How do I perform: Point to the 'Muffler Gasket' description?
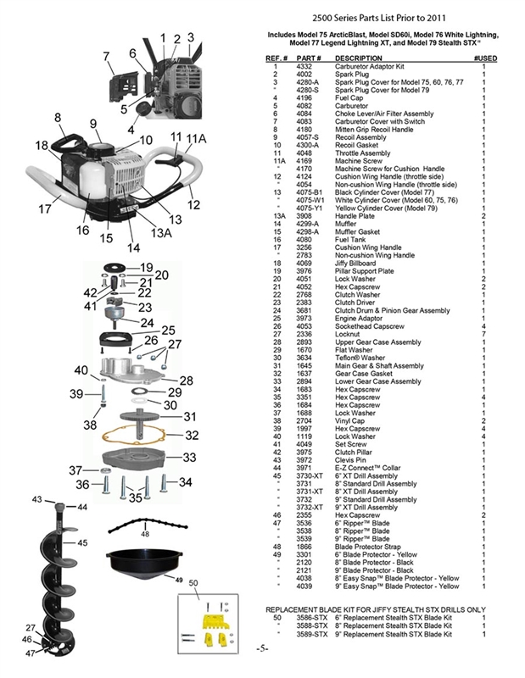click(x=358, y=231)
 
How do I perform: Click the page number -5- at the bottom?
click(x=261, y=648)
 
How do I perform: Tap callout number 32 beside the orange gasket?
click(x=192, y=436)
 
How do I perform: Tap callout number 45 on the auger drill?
click(x=82, y=542)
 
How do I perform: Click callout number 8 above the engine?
click(x=57, y=118)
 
